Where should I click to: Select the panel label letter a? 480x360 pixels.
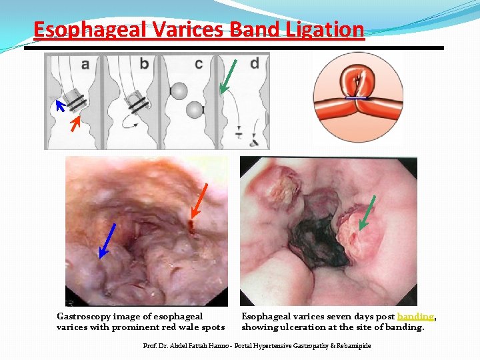tap(85, 64)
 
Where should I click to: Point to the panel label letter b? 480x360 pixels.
tap(145, 64)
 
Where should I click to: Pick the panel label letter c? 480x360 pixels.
tap(199, 64)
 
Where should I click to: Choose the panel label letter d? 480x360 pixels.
tap(254, 64)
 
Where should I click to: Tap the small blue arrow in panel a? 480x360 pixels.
tap(60, 105)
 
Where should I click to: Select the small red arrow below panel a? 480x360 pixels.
tap(76, 122)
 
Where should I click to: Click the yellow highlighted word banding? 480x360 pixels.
tap(415, 317)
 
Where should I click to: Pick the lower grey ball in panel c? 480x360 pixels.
tap(195, 110)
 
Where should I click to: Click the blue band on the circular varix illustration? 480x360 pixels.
tap(358, 97)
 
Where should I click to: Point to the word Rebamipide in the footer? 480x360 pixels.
tap(353, 346)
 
